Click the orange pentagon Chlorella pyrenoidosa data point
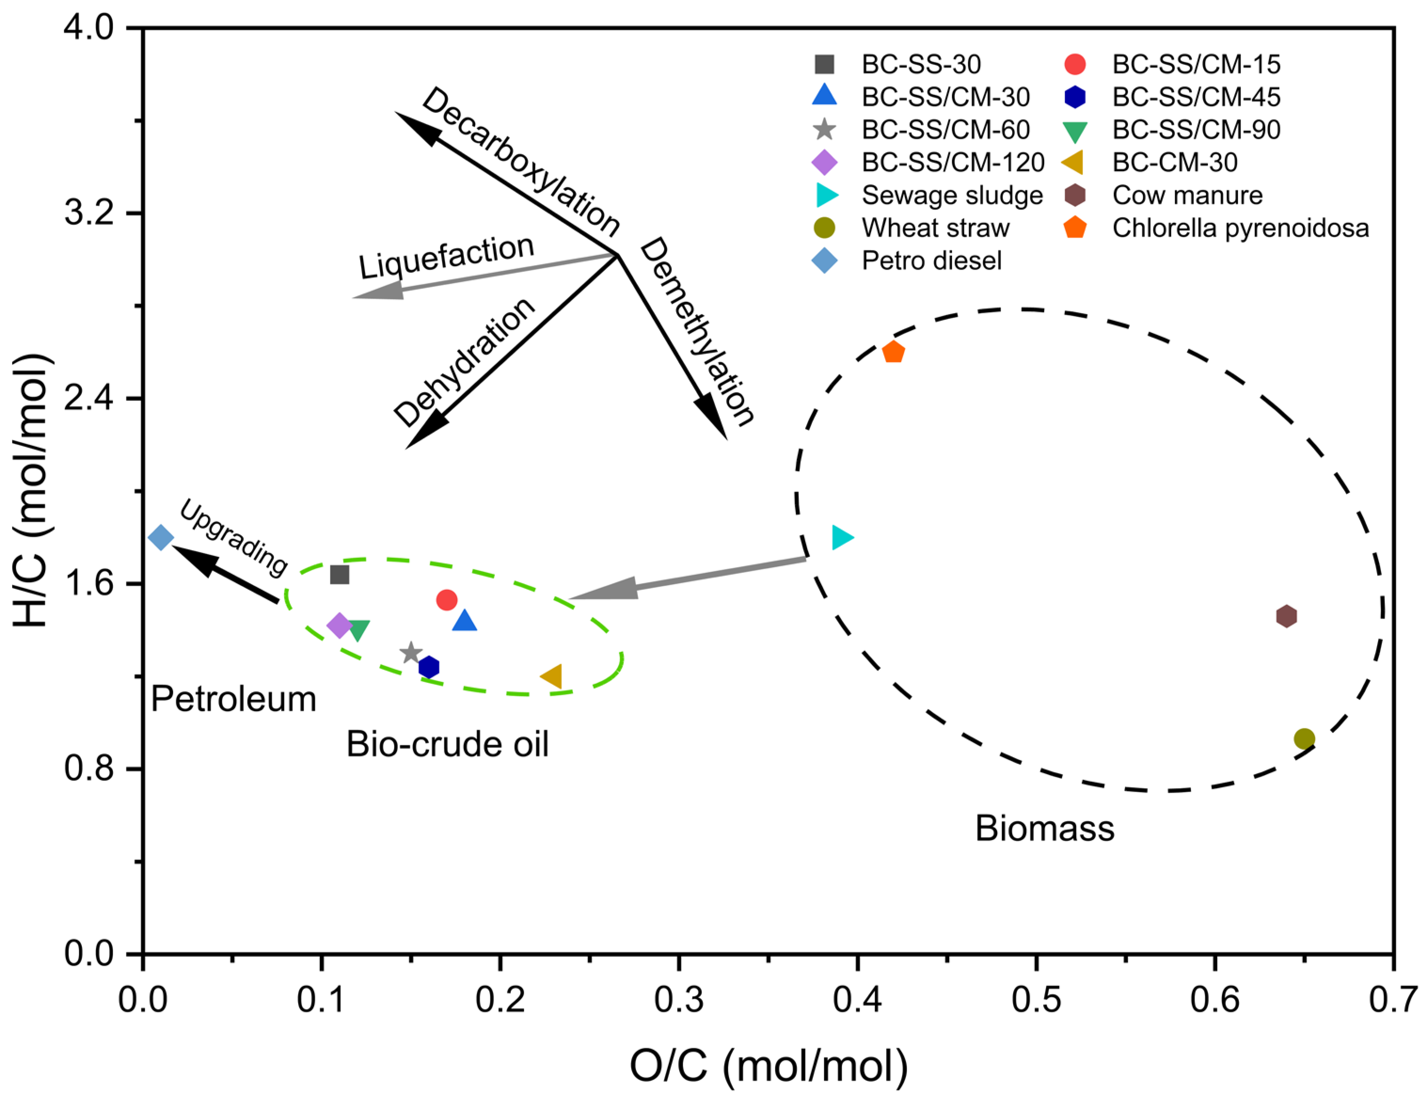(893, 353)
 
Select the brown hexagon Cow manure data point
(1286, 616)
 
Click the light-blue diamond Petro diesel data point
(161, 538)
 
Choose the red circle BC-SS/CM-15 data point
(446, 600)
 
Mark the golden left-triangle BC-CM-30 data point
(552, 676)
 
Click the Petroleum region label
(233, 699)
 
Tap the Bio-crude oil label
(448, 744)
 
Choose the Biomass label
(1045, 829)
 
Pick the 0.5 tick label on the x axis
(1036, 1000)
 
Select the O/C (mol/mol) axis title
(769, 1066)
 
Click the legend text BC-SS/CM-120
(952, 163)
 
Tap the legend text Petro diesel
(931, 261)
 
